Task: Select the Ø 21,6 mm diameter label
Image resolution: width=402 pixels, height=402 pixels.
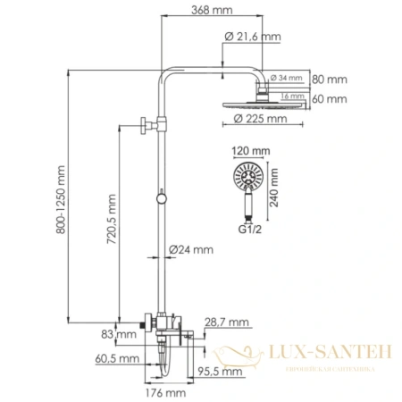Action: pos(254,37)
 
